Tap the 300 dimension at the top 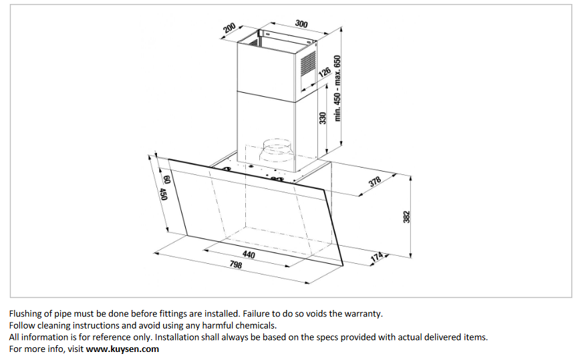[301, 24]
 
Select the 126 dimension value [324, 72]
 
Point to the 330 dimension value [322, 118]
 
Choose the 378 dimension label [376, 182]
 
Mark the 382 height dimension [405, 218]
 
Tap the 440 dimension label [249, 254]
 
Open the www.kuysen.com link [122, 349]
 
